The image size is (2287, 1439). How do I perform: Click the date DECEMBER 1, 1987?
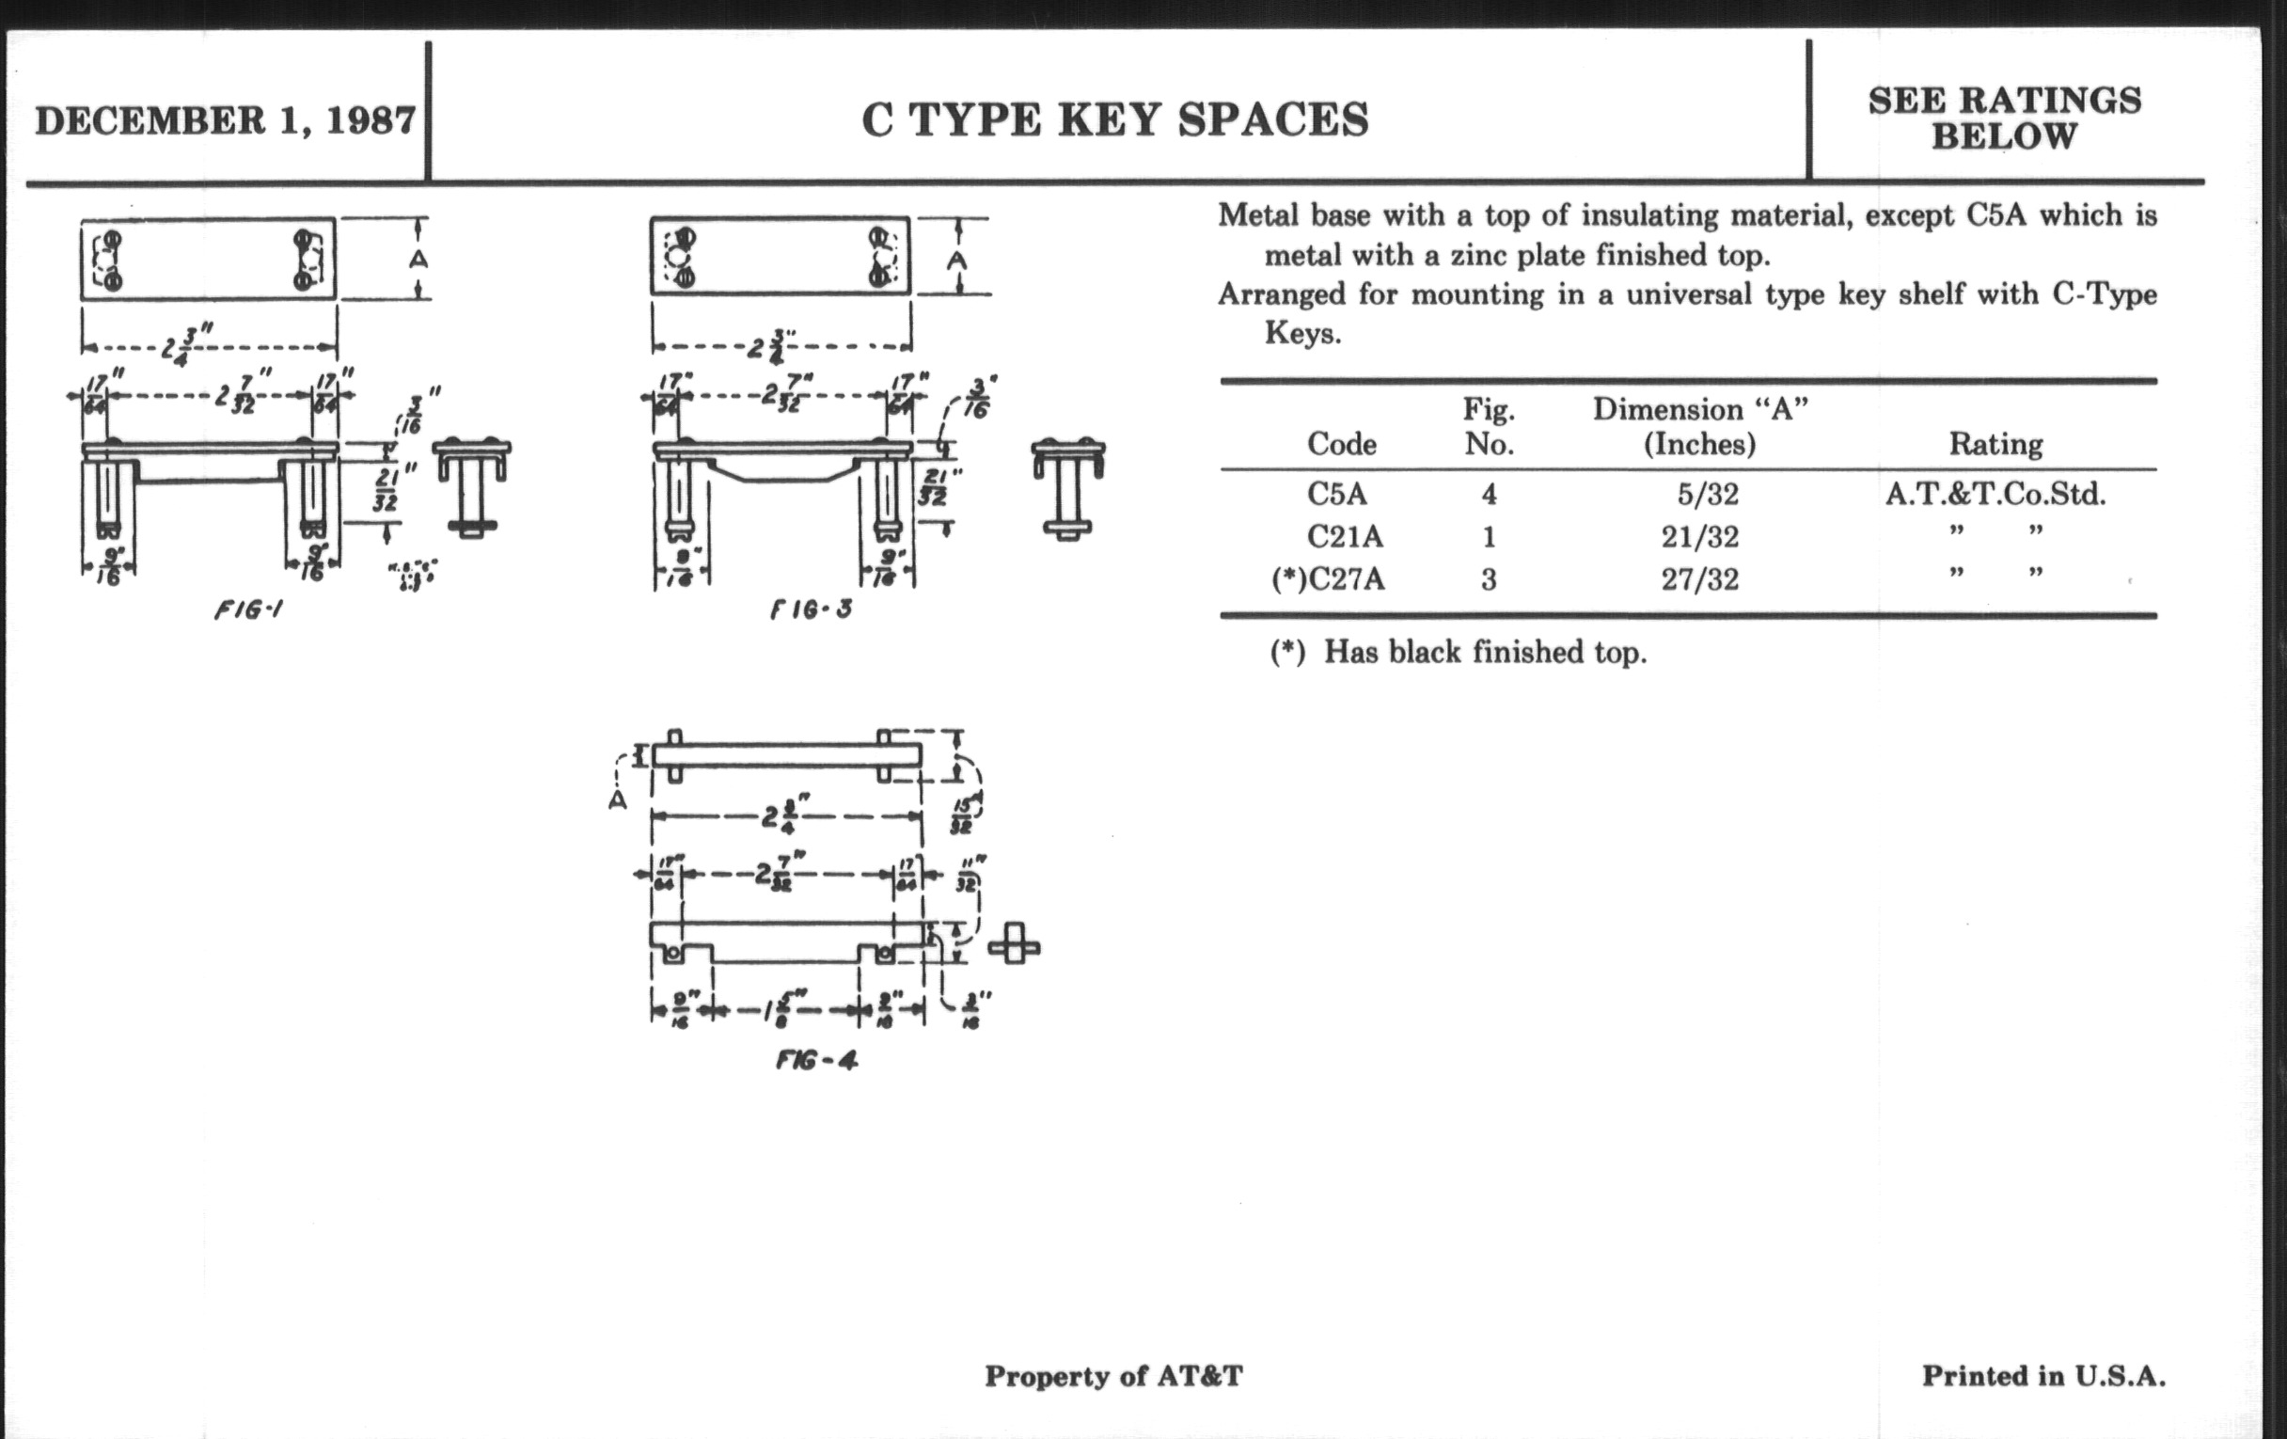pyautogui.click(x=225, y=120)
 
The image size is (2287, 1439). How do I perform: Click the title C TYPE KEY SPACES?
pyautogui.click(x=1115, y=119)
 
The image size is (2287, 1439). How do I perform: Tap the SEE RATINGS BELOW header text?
pyautogui.click(x=2004, y=119)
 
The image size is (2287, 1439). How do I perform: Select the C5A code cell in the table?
pyautogui.click(x=1336, y=494)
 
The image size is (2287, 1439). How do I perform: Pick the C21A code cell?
pyautogui.click(x=1345, y=537)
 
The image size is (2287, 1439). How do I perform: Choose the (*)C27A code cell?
pyautogui.click(x=1328, y=578)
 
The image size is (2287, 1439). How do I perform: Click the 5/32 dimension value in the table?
pyautogui.click(x=1708, y=494)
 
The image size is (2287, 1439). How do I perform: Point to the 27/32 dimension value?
pyautogui.click(x=1699, y=578)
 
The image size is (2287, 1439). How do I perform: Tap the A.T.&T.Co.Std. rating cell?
pyautogui.click(x=1995, y=494)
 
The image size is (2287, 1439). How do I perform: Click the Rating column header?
pyautogui.click(x=1995, y=444)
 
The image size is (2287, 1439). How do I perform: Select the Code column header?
pyautogui.click(x=1341, y=444)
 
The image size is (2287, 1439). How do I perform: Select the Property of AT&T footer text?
pyautogui.click(x=1113, y=1376)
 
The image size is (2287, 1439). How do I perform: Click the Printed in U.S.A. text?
pyautogui.click(x=2043, y=1375)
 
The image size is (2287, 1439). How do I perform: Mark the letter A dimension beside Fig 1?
pyautogui.click(x=418, y=260)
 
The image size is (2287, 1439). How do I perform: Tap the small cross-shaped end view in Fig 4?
pyautogui.click(x=1015, y=946)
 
